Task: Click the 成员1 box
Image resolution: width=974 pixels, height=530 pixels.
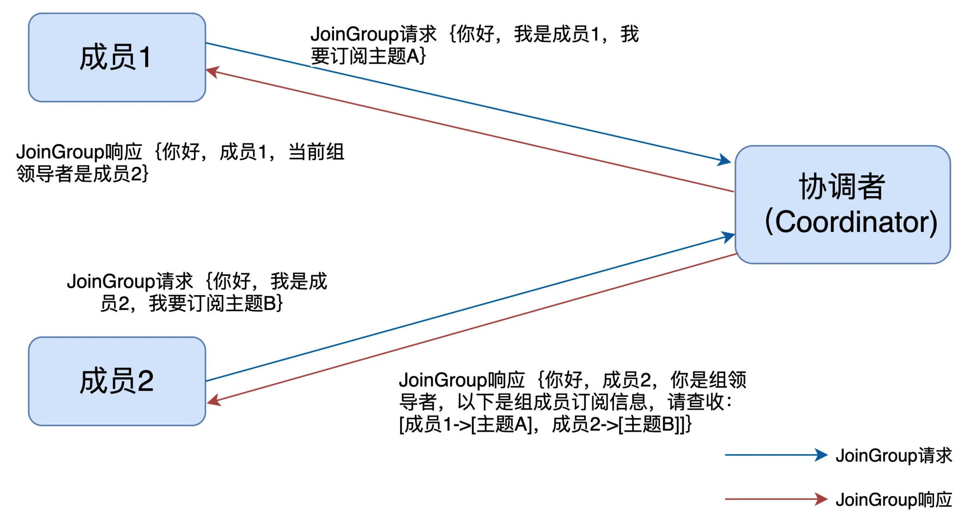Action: (x=117, y=57)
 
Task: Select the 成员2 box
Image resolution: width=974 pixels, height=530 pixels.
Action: (x=117, y=381)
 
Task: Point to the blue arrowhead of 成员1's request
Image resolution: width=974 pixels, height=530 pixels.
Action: (x=724, y=160)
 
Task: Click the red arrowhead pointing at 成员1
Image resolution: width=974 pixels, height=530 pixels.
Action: (x=213, y=72)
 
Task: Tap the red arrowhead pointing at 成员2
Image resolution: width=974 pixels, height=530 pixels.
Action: (x=214, y=401)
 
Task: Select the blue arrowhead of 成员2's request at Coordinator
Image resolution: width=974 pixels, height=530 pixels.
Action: (x=727, y=237)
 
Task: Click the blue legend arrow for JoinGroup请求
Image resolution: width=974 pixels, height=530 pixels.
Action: (x=776, y=455)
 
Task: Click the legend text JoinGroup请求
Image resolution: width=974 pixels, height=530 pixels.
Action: (x=894, y=456)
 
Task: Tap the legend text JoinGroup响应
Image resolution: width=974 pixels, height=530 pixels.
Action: (x=894, y=500)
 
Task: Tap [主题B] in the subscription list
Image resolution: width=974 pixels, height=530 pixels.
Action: (x=650, y=424)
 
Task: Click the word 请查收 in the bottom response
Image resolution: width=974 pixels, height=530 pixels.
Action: (x=696, y=402)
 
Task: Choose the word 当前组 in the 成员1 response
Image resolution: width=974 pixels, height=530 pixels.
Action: (x=317, y=152)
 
